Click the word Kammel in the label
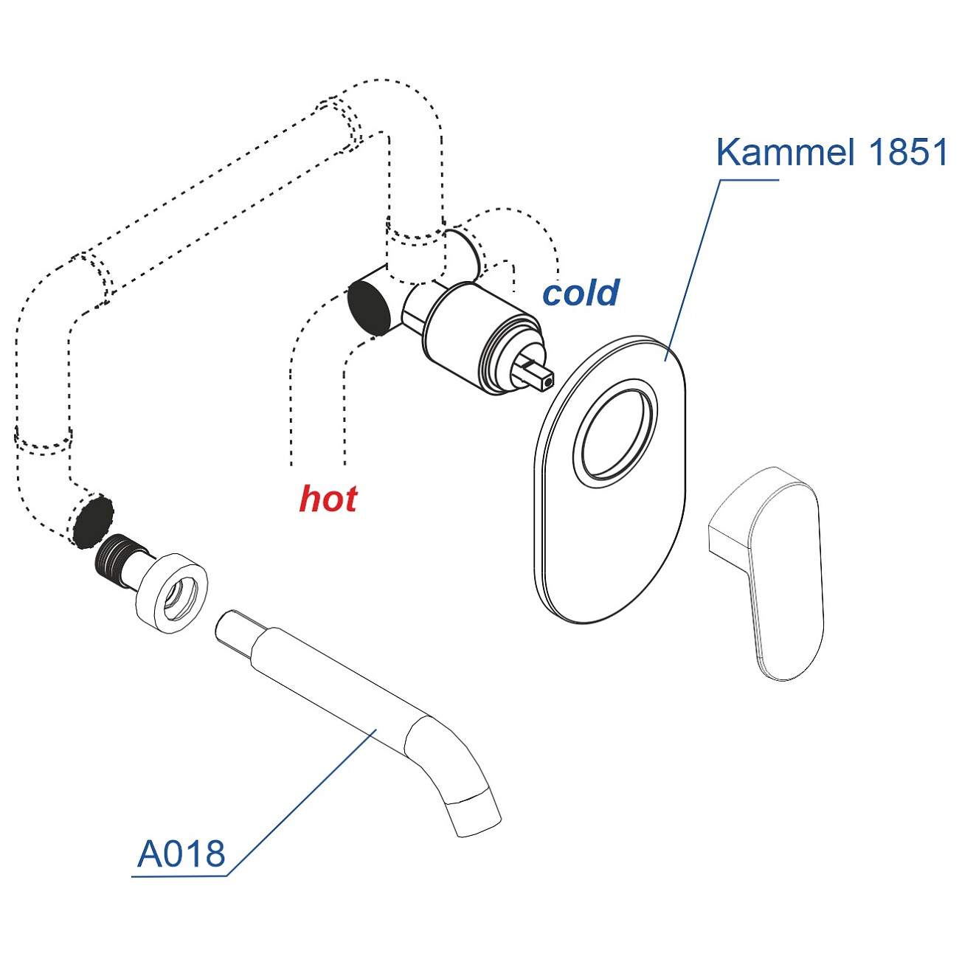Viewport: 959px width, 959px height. [786, 153]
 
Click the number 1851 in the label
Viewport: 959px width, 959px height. [908, 153]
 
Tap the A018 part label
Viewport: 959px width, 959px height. [181, 854]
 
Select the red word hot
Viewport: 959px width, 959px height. [328, 499]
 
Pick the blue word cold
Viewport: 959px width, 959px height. [581, 293]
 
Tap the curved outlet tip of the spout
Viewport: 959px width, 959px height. [477, 816]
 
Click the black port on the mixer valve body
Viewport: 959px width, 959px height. [369, 307]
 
